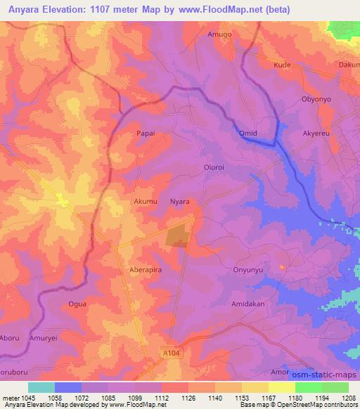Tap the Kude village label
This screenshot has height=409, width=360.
[282, 64]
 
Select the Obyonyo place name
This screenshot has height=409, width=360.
[316, 99]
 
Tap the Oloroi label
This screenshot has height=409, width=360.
[214, 167]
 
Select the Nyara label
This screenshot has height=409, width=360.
[181, 201]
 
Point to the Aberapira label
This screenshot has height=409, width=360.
[146, 269]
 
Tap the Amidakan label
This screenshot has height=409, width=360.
[247, 304]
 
